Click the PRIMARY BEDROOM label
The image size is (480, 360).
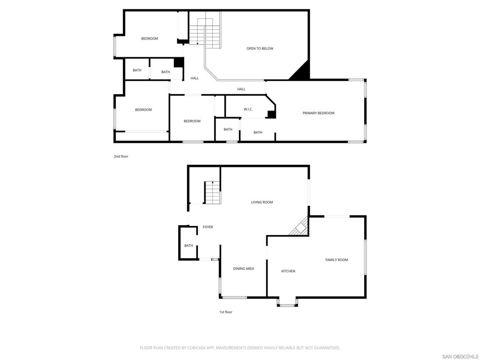[318, 113]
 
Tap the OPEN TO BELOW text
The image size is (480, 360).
[260, 48]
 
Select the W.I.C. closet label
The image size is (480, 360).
[248, 109]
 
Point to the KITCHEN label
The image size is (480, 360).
[288, 271]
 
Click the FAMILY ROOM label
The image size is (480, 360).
[337, 260]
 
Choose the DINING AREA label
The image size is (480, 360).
[244, 269]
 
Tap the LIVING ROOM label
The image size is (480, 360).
[262, 202]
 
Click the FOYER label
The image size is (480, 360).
[208, 227]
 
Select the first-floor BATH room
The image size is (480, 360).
[188, 243]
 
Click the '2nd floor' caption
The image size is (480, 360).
[121, 157]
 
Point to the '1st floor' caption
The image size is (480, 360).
[225, 312]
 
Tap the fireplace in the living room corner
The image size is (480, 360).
[300, 227]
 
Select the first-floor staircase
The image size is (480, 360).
[213, 193]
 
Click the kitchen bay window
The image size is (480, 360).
[287, 302]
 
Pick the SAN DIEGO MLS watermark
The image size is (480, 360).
[460, 356]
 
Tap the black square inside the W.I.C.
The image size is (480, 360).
[272, 114]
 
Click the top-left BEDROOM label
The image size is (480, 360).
[150, 38]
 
